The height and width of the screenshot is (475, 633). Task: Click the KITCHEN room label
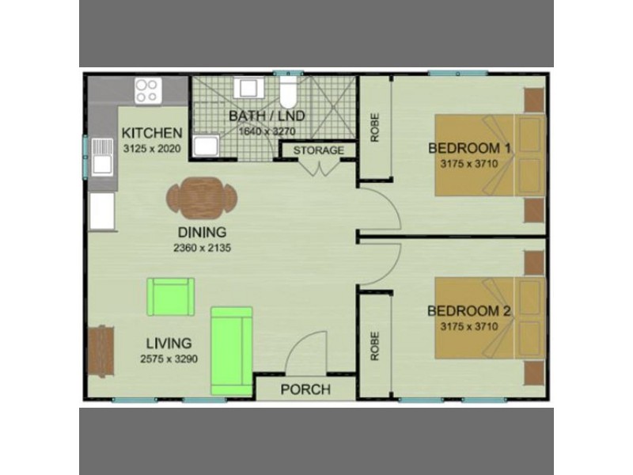pos(153,133)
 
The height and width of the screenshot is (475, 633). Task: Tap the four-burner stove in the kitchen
pos(146,90)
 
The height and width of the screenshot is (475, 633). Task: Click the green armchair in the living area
pos(169,297)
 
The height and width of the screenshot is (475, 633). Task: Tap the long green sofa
pos(231,350)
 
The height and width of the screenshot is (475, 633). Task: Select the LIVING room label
pos(169,344)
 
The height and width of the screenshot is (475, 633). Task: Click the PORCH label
pos(305,389)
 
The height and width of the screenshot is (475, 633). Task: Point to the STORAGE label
pos(319,150)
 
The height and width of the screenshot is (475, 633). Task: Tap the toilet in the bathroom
pos(288,93)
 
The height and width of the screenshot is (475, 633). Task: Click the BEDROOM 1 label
pos(469,148)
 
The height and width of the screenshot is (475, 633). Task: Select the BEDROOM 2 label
pos(469,310)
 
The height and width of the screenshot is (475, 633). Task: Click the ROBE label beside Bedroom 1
pos(374,127)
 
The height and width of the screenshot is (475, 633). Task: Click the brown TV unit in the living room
pos(100,350)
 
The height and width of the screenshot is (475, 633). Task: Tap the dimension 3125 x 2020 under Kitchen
pos(153,148)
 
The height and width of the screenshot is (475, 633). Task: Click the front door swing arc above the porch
pos(305,348)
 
